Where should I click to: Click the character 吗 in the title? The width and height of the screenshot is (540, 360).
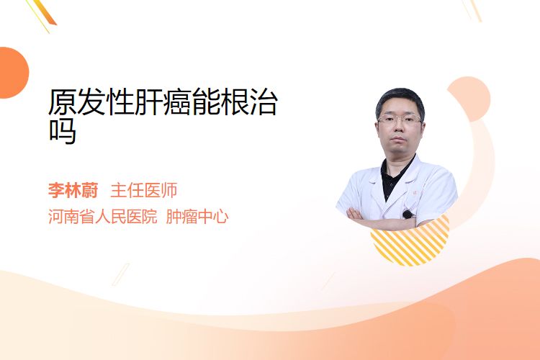point(63,131)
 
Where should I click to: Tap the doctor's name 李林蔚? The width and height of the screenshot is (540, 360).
point(73,190)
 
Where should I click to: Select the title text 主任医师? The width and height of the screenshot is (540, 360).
point(144,190)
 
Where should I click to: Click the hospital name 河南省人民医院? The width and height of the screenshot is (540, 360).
point(103,217)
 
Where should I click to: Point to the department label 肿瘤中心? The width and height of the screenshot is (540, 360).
point(197,217)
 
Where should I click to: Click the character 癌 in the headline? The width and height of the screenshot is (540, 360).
point(177,102)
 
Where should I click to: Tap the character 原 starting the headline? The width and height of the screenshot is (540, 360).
point(63,102)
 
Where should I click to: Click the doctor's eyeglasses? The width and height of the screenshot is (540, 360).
point(400,120)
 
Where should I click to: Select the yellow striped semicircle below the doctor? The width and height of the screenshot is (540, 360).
point(410,243)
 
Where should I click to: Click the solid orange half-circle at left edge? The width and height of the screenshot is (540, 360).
point(13,73)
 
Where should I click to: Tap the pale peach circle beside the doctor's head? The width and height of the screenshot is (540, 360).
point(470,98)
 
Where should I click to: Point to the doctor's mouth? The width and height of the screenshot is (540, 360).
point(398,139)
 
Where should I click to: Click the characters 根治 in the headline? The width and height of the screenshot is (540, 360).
point(249,102)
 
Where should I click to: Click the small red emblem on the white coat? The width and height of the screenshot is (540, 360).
point(415,193)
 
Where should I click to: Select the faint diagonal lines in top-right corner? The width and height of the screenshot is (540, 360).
point(472,10)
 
